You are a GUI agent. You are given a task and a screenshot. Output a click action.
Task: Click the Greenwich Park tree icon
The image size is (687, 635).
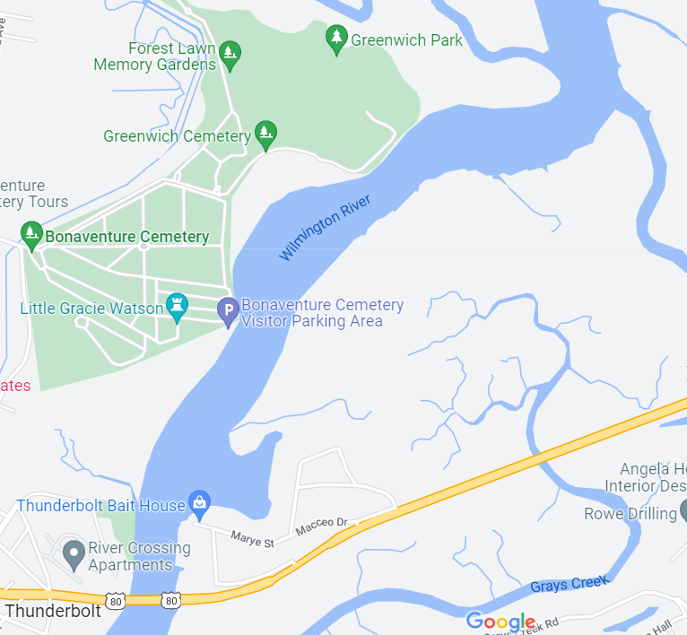(336, 39)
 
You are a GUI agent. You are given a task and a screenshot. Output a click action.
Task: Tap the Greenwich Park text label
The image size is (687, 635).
(406, 39)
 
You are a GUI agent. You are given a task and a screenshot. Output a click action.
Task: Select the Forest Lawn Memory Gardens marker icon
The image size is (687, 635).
(230, 55)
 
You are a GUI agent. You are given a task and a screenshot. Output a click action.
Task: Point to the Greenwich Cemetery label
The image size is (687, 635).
(177, 136)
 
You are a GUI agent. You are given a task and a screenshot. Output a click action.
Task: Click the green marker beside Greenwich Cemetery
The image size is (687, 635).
(265, 135)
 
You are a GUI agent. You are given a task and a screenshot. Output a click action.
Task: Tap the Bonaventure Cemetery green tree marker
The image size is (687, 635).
(31, 236)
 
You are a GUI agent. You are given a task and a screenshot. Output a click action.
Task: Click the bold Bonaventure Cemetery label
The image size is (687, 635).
(126, 238)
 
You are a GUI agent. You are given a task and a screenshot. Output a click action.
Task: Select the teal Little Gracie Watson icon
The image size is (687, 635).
(178, 307)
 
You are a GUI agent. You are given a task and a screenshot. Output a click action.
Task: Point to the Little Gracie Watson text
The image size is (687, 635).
(91, 309)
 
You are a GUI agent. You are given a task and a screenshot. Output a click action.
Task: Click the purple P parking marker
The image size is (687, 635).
(228, 311)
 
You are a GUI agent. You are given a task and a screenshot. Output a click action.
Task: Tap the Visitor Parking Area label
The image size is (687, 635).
(322, 313)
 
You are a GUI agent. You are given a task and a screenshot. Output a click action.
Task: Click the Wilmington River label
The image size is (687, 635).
(324, 228)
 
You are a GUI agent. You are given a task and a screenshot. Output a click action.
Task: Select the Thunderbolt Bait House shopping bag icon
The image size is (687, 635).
(199, 503)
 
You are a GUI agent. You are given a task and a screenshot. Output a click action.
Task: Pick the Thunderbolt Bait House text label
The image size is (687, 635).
(100, 506)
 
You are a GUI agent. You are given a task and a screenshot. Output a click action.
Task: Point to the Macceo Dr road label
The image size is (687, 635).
(321, 522)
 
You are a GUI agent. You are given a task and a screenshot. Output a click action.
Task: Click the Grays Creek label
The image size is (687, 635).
(569, 583)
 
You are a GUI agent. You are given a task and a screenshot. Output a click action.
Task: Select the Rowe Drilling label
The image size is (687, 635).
(630, 514)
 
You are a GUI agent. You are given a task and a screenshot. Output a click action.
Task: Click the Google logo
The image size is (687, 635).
(500, 622)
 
